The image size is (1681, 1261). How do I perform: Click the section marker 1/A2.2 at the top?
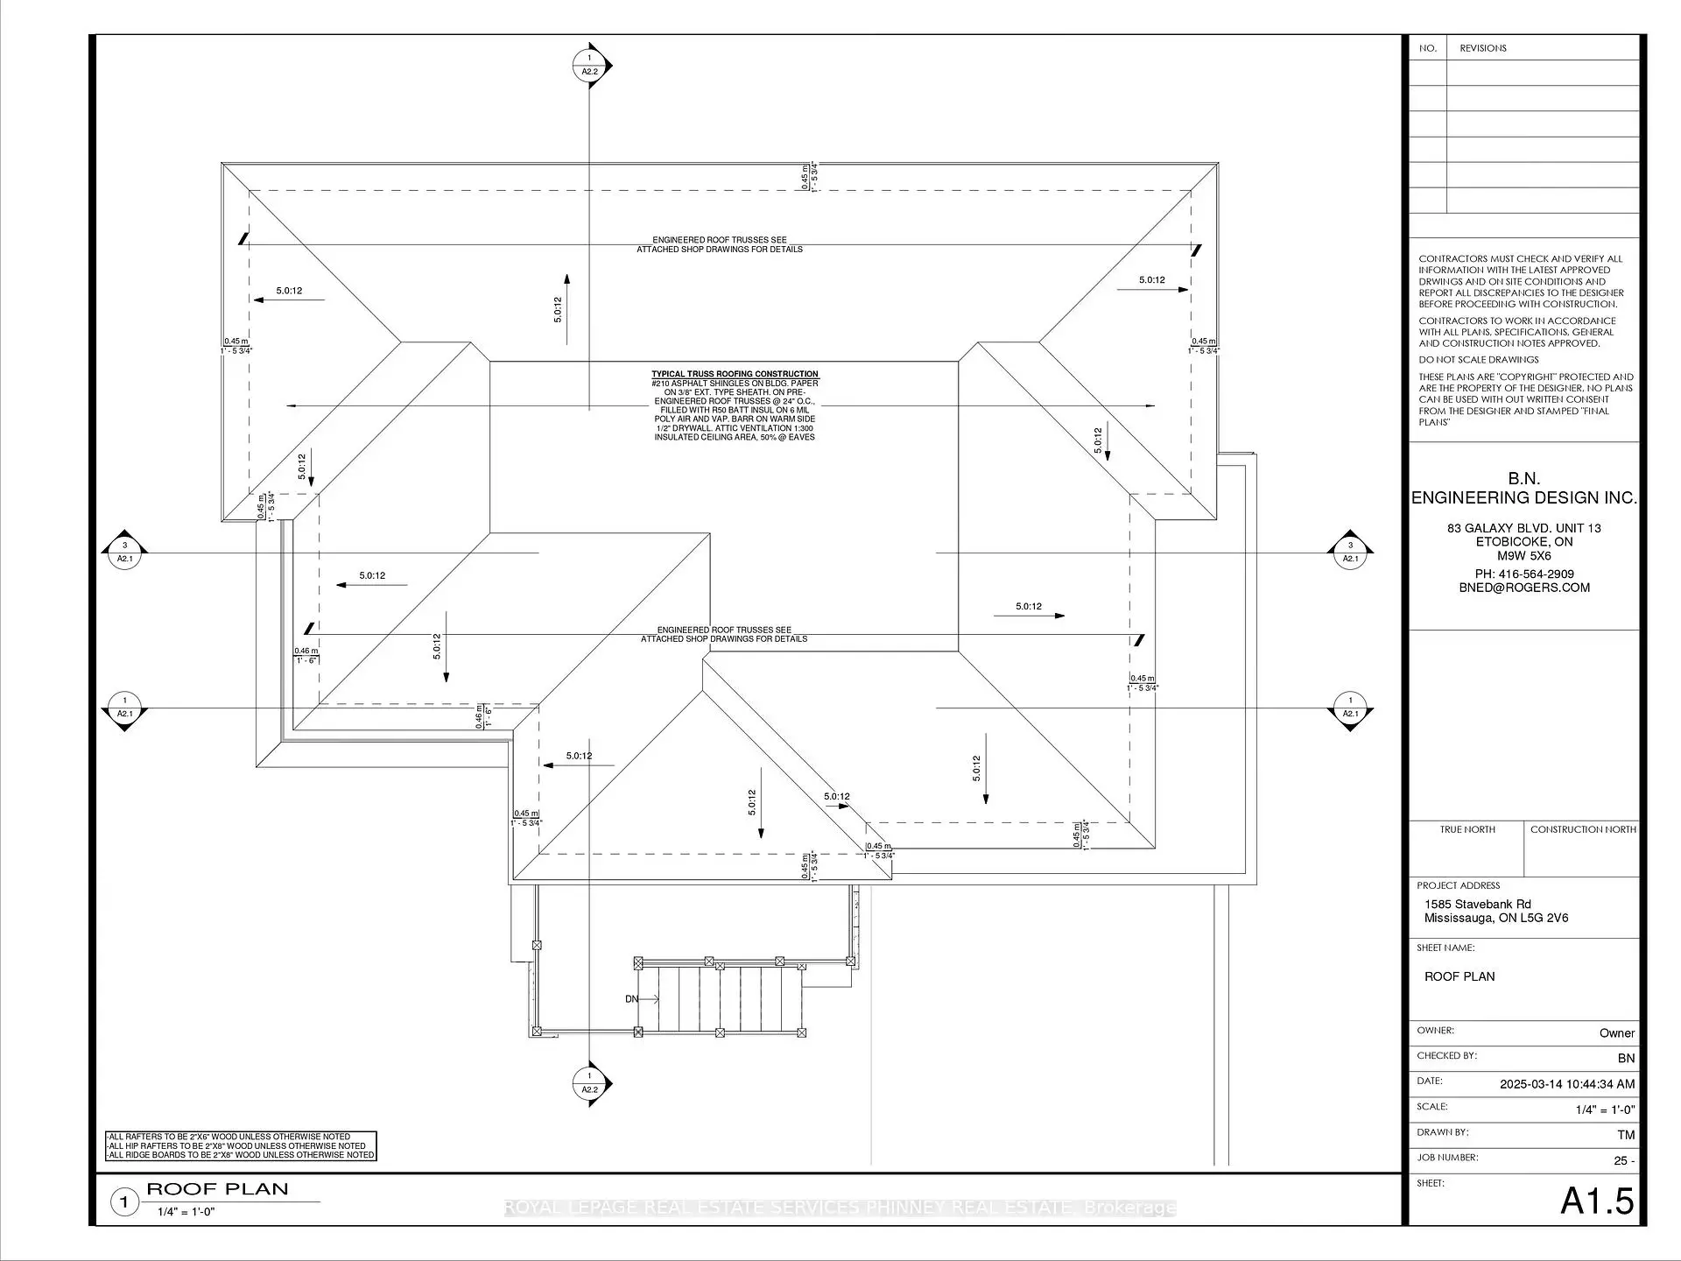pos(590,66)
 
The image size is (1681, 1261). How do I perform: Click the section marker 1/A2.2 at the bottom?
pos(590,1083)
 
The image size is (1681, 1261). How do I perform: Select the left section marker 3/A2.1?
pos(124,553)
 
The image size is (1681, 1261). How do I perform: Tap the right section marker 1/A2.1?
pos(1350,708)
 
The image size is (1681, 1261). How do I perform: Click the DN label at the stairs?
pos(631,999)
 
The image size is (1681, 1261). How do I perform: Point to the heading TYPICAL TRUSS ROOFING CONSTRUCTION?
pos(735,374)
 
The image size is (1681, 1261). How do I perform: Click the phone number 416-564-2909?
pos(1524,574)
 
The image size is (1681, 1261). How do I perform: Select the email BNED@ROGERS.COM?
pos(1524,588)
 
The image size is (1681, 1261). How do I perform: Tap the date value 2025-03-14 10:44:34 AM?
pos(1566,1083)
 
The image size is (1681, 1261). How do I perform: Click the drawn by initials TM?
pos(1625,1135)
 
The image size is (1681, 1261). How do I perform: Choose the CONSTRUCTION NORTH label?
pos(1583,829)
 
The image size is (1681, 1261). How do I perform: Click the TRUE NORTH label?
pos(1467,829)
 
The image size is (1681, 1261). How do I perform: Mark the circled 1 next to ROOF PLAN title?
pos(124,1202)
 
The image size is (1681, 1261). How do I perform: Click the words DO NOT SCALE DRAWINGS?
pos(1478,360)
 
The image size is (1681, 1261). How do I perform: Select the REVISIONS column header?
pos(1483,48)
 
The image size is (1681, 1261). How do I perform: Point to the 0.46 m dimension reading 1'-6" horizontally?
pos(306,656)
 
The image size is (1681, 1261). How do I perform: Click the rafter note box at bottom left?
pos(241,1145)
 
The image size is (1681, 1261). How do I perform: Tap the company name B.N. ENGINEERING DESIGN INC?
pos(1523,489)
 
